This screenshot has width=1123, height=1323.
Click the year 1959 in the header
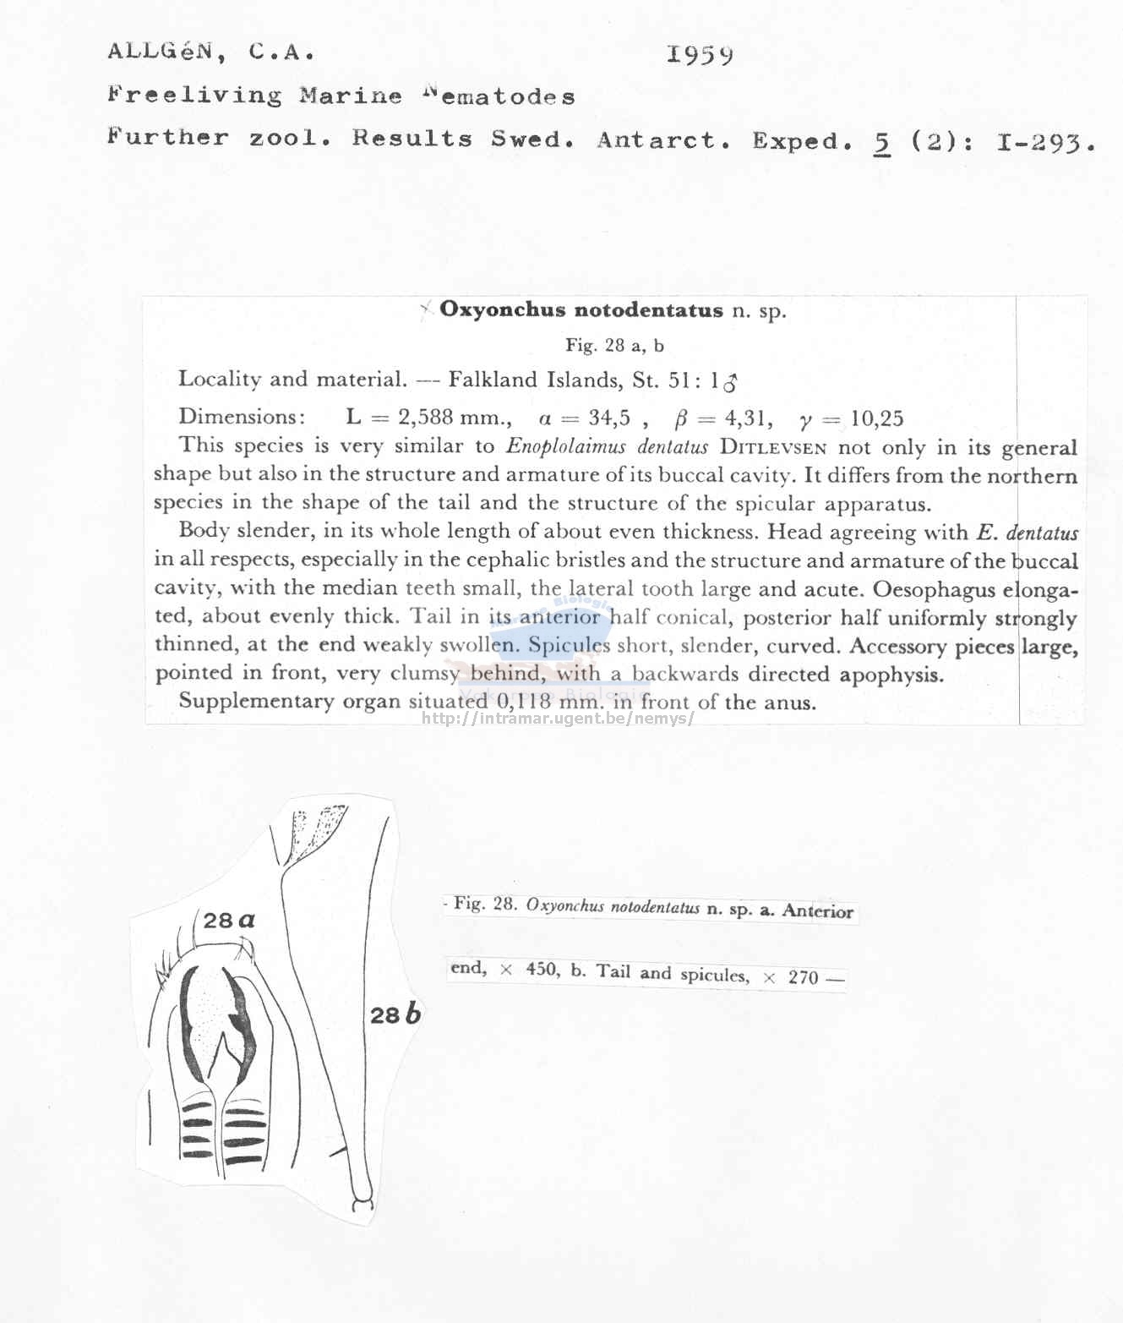(700, 55)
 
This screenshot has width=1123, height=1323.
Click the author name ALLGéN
(160, 52)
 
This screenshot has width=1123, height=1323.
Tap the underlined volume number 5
(882, 142)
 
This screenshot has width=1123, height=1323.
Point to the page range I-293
(1045, 143)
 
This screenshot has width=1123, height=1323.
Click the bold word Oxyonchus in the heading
(502, 310)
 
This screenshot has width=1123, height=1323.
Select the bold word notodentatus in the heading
(648, 310)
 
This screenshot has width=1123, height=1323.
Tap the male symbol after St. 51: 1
(730, 383)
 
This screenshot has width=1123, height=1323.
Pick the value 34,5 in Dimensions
(609, 418)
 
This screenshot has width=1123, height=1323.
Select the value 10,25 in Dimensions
(877, 418)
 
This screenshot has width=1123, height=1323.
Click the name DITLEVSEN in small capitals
(772, 448)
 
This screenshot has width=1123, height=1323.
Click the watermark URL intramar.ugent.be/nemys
(558, 719)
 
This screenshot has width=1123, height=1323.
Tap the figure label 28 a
(229, 920)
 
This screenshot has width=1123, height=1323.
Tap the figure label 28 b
(395, 1014)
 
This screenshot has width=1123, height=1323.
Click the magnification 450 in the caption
(542, 970)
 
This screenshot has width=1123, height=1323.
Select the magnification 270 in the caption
(803, 977)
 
